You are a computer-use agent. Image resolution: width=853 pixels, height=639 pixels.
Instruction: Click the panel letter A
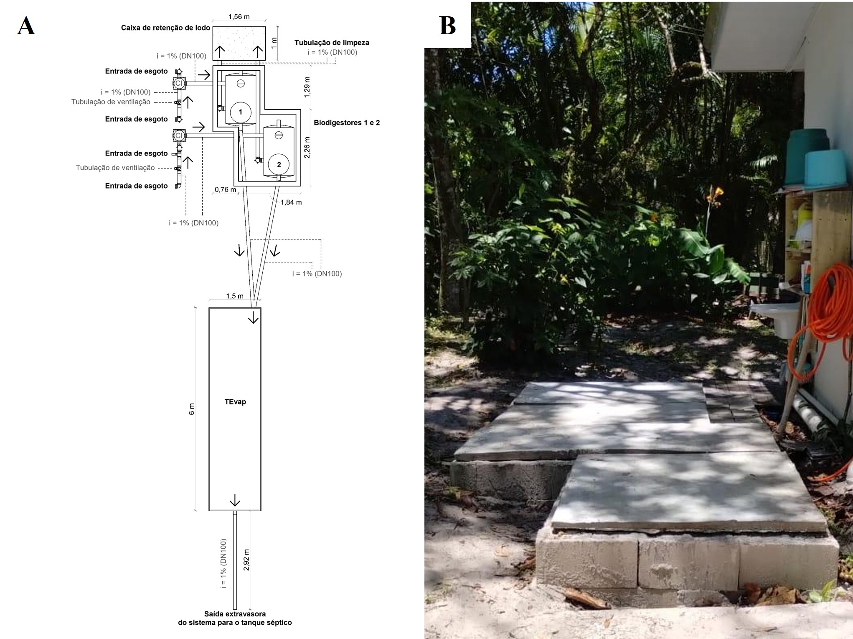tap(26, 26)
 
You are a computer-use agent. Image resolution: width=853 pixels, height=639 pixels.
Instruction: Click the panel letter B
tap(447, 26)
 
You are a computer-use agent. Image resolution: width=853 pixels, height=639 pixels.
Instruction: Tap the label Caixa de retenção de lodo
tap(165, 28)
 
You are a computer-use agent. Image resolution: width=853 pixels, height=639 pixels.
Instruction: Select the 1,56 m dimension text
tap(239, 17)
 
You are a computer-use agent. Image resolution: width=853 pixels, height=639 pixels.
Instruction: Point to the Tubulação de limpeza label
tap(332, 43)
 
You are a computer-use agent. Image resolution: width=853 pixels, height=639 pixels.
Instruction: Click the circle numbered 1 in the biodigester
tap(241, 112)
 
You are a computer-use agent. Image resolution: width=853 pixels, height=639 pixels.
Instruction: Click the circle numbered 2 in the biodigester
tap(279, 165)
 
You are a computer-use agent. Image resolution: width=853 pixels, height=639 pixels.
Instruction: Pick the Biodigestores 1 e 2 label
tap(347, 123)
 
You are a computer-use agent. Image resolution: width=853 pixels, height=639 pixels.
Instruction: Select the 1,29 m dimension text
tap(307, 87)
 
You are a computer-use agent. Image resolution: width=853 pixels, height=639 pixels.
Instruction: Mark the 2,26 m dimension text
tap(307, 147)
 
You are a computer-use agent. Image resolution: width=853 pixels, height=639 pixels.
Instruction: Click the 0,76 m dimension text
tap(225, 189)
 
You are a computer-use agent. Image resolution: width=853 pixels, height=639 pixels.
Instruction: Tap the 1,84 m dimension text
tap(291, 202)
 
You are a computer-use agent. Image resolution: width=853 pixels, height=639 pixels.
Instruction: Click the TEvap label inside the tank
tap(235, 402)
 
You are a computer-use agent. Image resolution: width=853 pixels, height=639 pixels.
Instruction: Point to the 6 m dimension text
tap(192, 409)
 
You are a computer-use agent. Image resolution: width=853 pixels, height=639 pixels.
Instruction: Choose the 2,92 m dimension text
tap(246, 560)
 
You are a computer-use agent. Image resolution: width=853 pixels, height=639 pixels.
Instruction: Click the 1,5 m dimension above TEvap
tap(235, 296)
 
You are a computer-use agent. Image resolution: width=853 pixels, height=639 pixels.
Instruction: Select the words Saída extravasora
tap(235, 614)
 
